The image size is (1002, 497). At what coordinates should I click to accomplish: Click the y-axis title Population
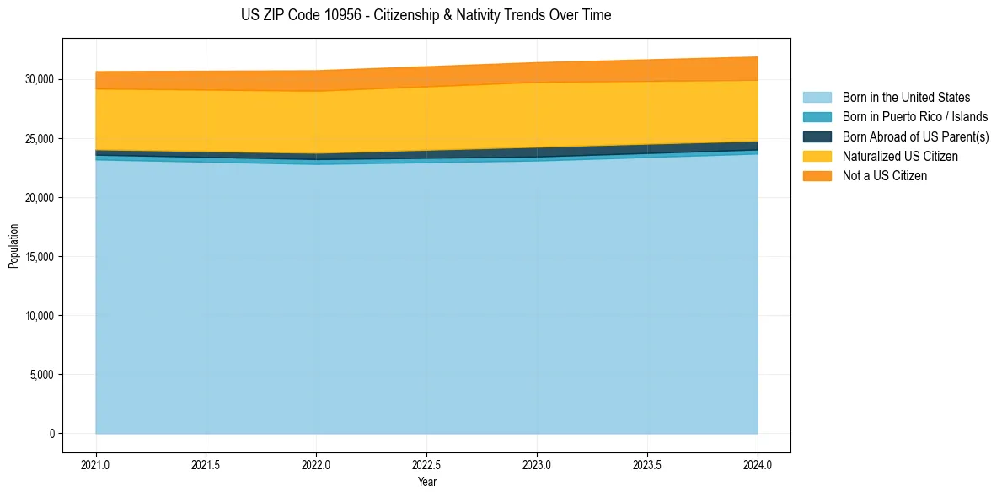(x=13, y=246)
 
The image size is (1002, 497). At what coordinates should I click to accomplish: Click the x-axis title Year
(x=426, y=482)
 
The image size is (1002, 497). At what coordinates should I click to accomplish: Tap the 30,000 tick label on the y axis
(x=40, y=79)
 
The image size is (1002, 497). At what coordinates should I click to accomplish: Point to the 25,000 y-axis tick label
(x=40, y=138)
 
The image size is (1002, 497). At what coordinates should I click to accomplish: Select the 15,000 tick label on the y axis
(x=40, y=256)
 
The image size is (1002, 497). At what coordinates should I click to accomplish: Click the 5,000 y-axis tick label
(x=42, y=374)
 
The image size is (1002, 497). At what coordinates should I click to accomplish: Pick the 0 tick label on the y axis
(x=51, y=433)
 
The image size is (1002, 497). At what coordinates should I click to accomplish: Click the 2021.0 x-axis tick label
(x=95, y=464)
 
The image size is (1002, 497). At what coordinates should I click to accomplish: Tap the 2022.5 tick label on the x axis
(x=426, y=464)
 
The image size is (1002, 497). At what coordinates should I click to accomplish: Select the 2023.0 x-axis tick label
(x=537, y=464)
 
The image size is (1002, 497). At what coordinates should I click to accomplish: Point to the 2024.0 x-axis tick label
(x=758, y=464)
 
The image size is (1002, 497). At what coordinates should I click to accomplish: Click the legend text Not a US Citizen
(x=885, y=176)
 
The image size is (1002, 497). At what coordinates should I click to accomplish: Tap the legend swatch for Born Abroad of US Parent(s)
(x=817, y=136)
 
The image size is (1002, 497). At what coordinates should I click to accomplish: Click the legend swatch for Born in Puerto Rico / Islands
(x=817, y=117)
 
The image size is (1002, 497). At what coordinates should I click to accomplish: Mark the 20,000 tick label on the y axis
(x=40, y=197)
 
